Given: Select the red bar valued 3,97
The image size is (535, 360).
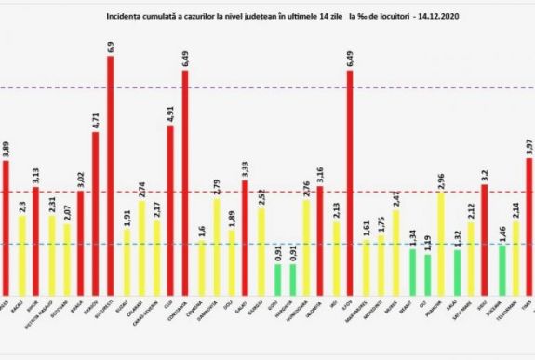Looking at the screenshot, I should (528, 223).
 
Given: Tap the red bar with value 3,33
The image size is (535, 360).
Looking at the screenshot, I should (246, 233).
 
